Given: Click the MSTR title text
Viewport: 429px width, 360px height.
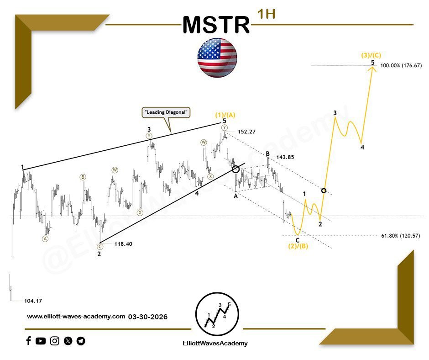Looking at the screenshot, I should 216,25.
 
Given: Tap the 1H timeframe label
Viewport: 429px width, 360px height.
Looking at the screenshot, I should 266,14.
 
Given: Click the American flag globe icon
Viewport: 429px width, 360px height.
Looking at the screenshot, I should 217,57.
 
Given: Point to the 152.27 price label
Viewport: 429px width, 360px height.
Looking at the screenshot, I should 246,132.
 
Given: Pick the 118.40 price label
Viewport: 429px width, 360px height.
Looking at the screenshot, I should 123,244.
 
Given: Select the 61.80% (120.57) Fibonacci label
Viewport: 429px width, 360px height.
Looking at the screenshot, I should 400,236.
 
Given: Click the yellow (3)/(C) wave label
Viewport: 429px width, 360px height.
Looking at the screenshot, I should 372,55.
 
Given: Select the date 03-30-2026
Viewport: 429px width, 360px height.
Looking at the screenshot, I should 147,316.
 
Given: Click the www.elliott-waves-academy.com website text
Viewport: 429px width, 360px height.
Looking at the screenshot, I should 76,316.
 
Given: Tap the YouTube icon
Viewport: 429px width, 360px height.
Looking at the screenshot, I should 41,341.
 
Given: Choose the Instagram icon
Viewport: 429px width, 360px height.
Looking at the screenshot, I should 55,341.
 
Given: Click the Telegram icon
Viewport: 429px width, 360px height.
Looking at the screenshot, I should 81,341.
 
